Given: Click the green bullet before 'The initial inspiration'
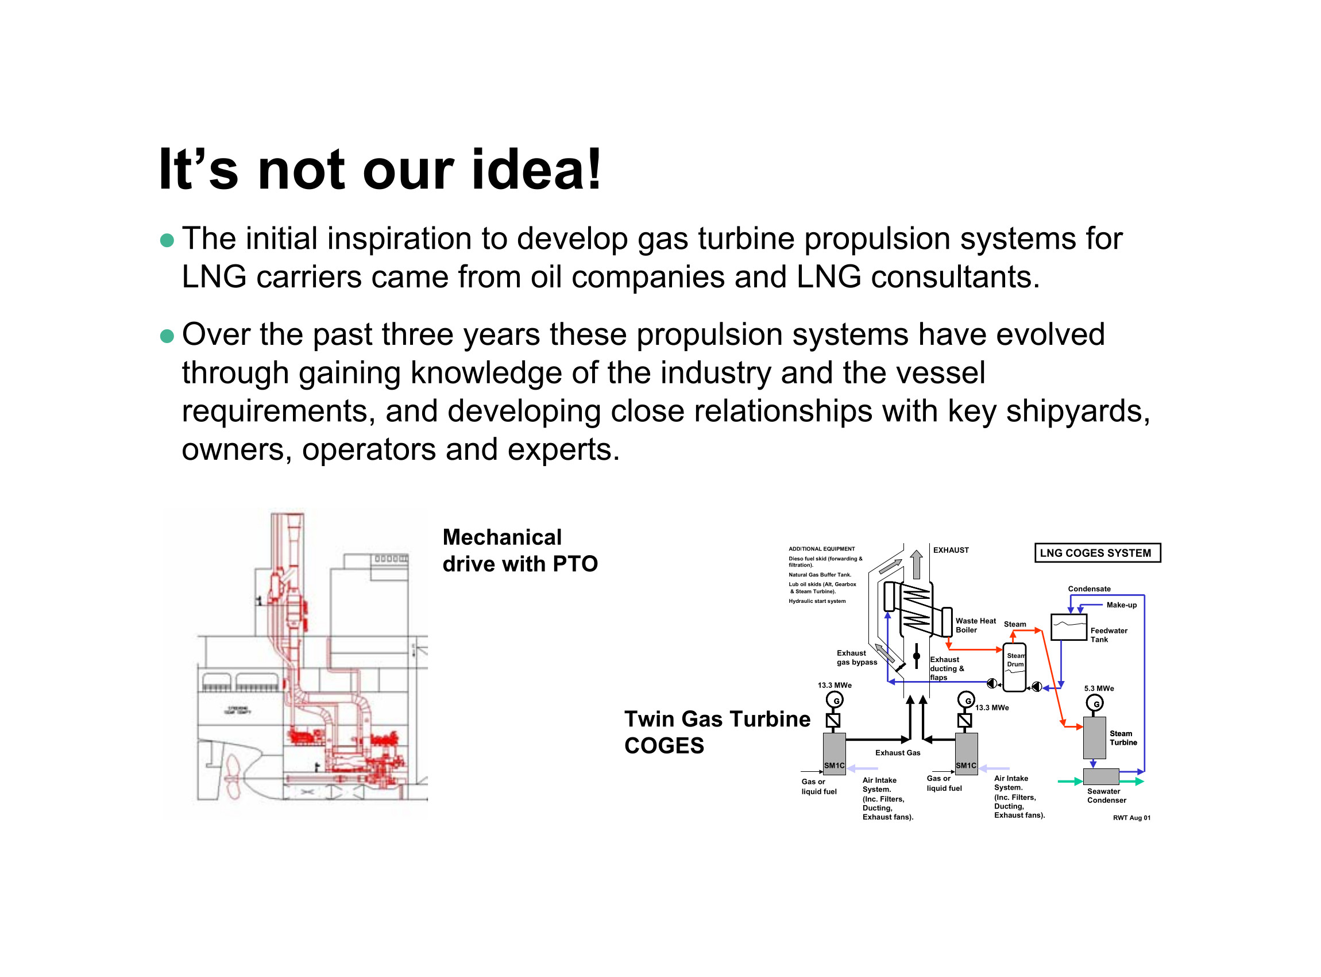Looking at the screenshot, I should click(x=167, y=240).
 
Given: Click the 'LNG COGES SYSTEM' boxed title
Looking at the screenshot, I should click(x=1096, y=553).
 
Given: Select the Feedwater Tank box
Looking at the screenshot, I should click(x=1068, y=628).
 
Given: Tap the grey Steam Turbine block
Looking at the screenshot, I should click(x=1094, y=738).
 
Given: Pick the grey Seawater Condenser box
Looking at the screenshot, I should click(x=1100, y=776).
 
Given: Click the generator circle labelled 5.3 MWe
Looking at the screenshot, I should click(x=1095, y=704).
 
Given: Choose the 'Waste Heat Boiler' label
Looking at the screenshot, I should click(x=975, y=626).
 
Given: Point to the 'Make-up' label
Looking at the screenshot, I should click(x=1121, y=605).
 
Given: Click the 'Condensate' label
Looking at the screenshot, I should click(x=1089, y=589).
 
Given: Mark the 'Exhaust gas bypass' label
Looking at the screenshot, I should click(x=856, y=657).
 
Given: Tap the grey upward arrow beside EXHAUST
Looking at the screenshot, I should click(x=916, y=565).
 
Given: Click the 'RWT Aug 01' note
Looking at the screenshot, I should click(x=1131, y=818).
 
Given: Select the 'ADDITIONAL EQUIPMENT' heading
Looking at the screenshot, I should click(x=821, y=549).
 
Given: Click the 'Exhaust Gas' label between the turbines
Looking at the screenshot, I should click(x=897, y=753).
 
